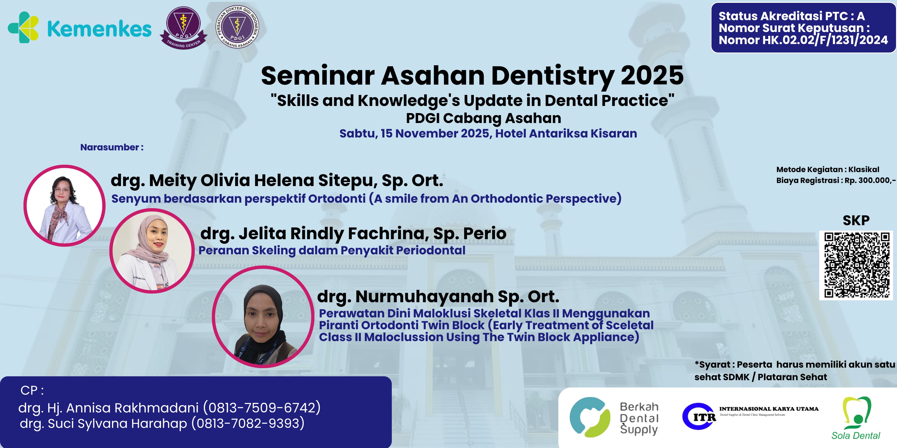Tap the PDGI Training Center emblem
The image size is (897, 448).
pos(183,28)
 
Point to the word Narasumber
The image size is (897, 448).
pos(109,147)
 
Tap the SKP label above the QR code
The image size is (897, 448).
pos(856,220)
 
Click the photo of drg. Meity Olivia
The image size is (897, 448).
pos(64,206)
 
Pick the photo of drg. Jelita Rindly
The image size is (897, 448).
pos(152,251)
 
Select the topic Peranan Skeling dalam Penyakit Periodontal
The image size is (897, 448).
pos(332,251)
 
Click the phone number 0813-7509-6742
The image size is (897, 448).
pos(262,408)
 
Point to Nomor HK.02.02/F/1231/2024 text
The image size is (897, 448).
pos(803,40)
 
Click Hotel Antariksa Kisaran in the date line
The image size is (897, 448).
pos(566,133)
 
